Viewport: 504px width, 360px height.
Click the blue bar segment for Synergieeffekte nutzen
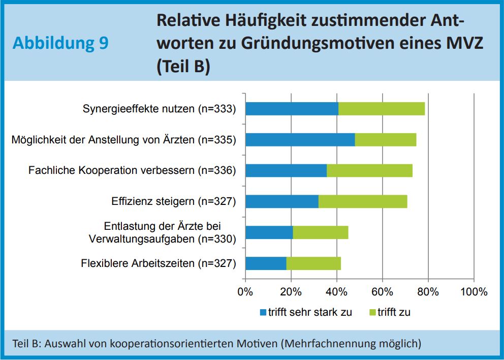coord(292,109)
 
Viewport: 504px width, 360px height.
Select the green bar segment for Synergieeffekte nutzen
coord(381,109)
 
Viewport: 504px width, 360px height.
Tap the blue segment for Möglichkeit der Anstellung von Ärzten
coord(300,139)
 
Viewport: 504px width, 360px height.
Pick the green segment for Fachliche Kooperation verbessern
coord(369,170)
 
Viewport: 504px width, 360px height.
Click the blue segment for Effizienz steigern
coord(281,201)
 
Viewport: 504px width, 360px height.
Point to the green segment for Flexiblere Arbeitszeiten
coord(313,263)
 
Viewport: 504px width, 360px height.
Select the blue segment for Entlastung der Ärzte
coord(269,232)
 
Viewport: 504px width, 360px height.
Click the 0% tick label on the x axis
coord(245,292)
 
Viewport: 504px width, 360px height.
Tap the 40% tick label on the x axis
coord(337,292)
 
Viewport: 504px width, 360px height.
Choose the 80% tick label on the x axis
coord(428,292)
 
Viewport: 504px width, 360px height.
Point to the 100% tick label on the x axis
coord(474,292)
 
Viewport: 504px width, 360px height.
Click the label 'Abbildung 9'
coord(60,43)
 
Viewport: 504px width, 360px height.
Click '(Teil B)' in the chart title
coord(183,67)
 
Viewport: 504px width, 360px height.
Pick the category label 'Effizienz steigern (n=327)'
coord(174,201)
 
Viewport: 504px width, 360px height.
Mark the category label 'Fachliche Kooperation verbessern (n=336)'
coord(132,170)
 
